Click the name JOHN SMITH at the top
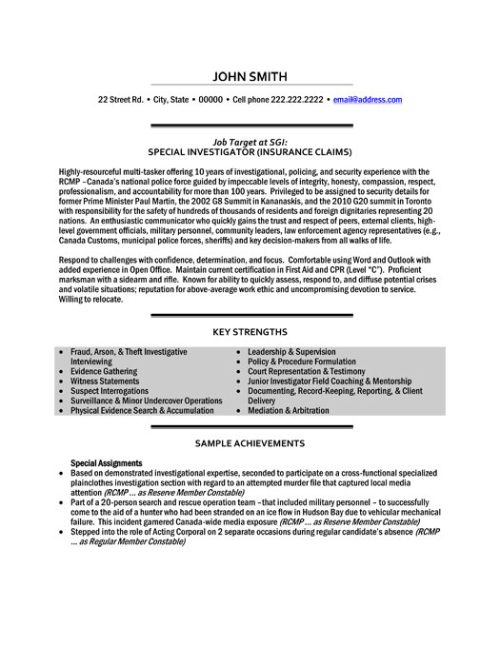pyautogui.click(x=250, y=77)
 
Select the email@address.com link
pyautogui.click(x=367, y=99)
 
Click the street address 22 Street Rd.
pyautogui.click(x=121, y=99)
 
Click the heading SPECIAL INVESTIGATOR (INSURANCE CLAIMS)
pyautogui.click(x=250, y=151)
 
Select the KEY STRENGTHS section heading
pyautogui.click(x=250, y=331)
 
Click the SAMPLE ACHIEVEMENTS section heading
pyautogui.click(x=250, y=443)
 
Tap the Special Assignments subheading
pyautogui.click(x=107, y=463)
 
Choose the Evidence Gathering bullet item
pyautogui.click(x=104, y=371)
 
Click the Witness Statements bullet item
pyautogui.click(x=105, y=381)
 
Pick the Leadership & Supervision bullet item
pyautogui.click(x=291, y=352)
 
